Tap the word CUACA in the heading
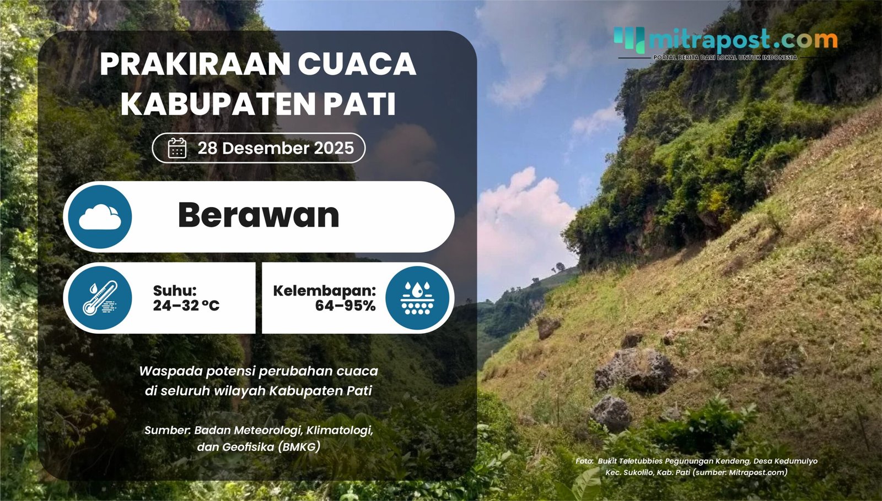357,64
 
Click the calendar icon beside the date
177,148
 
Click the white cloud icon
100,217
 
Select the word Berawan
258,215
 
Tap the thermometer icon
100,298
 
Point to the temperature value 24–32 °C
186,306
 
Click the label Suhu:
174,290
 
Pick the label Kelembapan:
324,290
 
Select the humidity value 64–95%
345,306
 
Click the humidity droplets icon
417,298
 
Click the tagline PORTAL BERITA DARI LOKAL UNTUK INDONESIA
725,57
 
